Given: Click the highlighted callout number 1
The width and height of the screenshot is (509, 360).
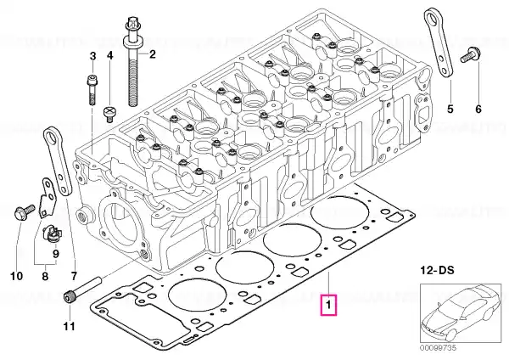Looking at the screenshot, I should (328, 303).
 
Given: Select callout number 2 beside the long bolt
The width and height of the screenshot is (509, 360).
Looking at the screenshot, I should (153, 55).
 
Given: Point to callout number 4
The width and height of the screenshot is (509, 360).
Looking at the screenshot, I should (109, 55).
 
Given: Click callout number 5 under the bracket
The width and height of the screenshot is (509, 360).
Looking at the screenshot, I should (450, 109).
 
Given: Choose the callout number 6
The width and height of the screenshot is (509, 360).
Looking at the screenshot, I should (477, 109).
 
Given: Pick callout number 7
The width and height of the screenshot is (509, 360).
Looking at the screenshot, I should (74, 276).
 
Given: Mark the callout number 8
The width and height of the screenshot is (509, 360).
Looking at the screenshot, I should (46, 276).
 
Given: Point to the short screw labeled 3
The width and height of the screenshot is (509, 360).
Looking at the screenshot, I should (91, 87).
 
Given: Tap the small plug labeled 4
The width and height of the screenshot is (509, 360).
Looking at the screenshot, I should (109, 112).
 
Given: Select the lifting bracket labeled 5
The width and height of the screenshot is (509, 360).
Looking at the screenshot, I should (439, 47).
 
